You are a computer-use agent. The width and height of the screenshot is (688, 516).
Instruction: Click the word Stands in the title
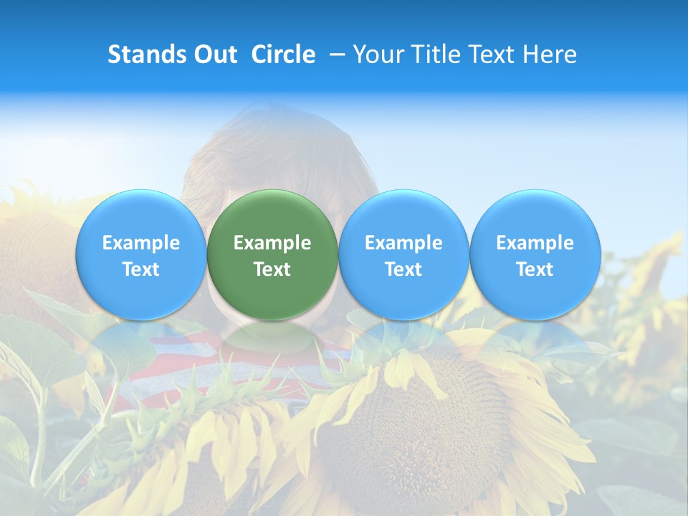coord(145,54)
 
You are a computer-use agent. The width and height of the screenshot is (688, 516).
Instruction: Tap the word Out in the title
coord(214,54)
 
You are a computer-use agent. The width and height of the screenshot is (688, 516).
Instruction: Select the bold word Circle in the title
coord(283,54)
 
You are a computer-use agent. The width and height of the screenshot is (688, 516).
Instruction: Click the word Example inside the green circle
coord(272,243)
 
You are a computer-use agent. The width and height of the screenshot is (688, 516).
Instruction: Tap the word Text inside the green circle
coord(272,269)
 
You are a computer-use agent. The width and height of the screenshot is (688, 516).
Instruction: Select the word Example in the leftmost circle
coord(141,243)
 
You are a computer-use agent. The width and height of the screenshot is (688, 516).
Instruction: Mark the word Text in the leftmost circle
coord(141,269)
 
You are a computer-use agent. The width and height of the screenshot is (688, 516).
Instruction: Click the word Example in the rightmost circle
coord(535,243)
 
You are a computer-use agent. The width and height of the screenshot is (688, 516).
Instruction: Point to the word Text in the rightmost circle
coord(535,269)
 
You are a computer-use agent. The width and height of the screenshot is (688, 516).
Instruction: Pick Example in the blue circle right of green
coord(403,243)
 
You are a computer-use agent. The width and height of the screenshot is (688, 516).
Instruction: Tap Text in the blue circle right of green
coord(403,269)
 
